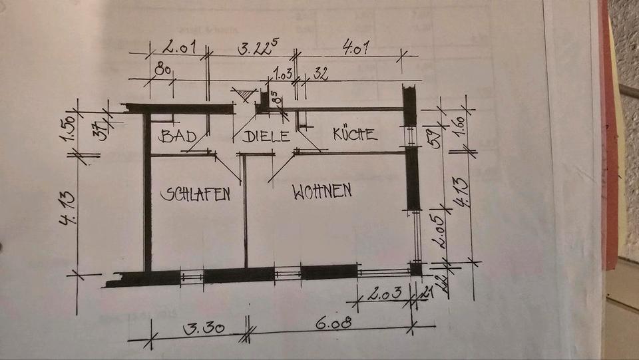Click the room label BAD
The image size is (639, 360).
click(x=178, y=136)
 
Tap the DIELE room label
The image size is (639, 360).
click(x=266, y=137)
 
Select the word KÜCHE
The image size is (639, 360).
click(x=355, y=134)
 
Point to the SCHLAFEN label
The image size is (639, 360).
click(x=196, y=194)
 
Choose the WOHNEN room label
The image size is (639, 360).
click(x=322, y=192)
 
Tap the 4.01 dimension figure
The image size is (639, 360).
click(x=356, y=48)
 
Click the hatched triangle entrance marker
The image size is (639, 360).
click(x=246, y=95)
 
